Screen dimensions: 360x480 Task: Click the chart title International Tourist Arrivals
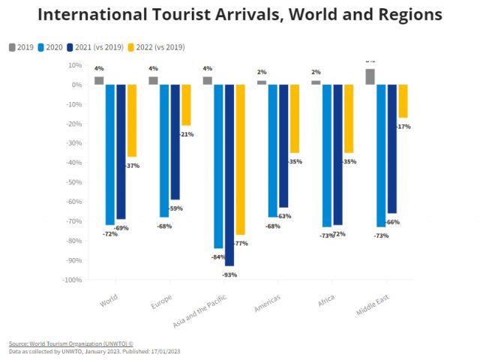pos(240,15)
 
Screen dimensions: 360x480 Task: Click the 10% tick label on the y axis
pos(73,65)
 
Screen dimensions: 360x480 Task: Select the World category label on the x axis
pos(109,299)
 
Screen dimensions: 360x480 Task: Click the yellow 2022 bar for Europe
pos(186,105)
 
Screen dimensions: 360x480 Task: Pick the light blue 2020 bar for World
pos(109,154)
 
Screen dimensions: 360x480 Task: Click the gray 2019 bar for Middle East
pos(370,76)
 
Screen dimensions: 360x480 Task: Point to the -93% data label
pos(229,275)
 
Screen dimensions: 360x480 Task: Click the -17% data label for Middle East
pos(403,127)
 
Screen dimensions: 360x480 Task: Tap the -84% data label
pos(218,257)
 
